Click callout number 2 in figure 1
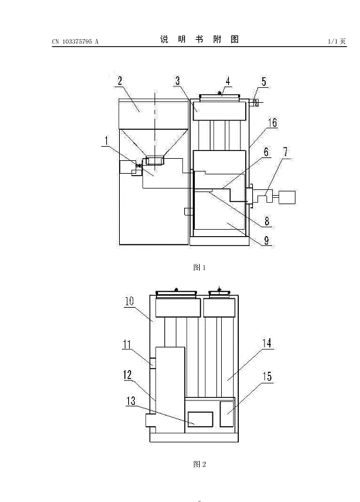tap(120, 80)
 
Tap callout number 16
tap(272, 123)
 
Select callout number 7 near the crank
tap(285, 152)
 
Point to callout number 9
tap(266, 240)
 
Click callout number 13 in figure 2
tap(131, 401)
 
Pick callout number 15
tap(267, 376)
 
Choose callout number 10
tap(129, 301)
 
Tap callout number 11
tap(127, 345)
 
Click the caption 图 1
tap(199, 267)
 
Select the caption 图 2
tap(200, 464)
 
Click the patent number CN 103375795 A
tap(75, 41)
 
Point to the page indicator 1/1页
tap(337, 41)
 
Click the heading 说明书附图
tap(199, 39)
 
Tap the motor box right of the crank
tap(287, 197)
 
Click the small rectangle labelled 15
tap(227, 413)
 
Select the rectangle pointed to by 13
tap(201, 419)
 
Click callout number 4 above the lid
tap(227, 81)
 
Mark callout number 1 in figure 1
tap(106, 140)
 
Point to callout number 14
tap(267, 343)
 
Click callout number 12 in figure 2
tap(128, 375)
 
